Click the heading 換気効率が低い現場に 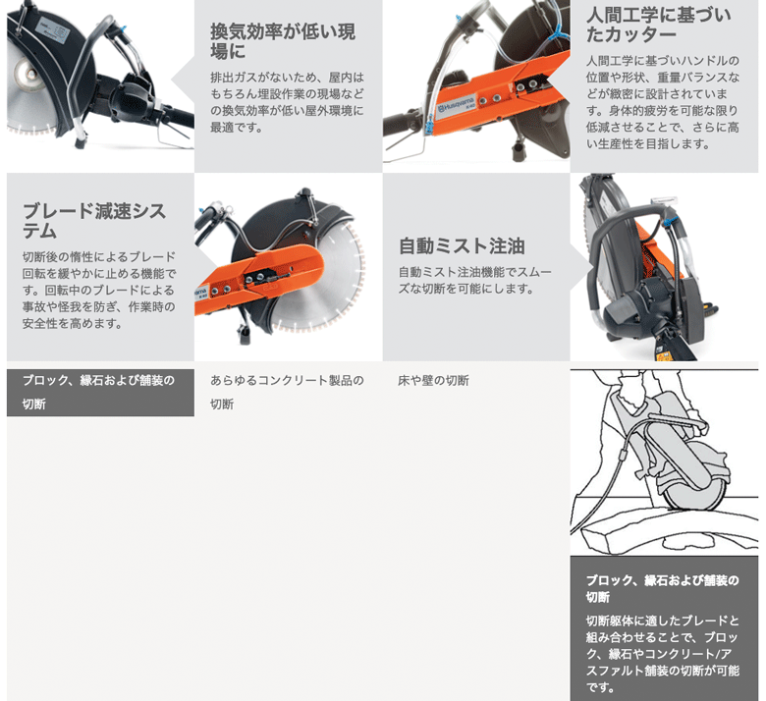pyautogui.click(x=283, y=41)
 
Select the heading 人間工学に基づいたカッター pyautogui.click(x=658, y=25)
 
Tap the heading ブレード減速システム pyautogui.click(x=94, y=220)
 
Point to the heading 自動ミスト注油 pyautogui.click(x=462, y=245)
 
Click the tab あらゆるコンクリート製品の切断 pyautogui.click(x=287, y=392)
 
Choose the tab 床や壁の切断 pyautogui.click(x=433, y=381)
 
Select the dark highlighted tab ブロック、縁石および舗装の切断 pyautogui.click(x=100, y=392)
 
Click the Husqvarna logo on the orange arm pyautogui.click(x=456, y=107)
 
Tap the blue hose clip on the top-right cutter pyautogui.click(x=557, y=34)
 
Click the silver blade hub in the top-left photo pyautogui.click(x=25, y=75)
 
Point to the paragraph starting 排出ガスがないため pyautogui.click(x=287, y=102)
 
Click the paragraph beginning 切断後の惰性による pyautogui.click(x=99, y=290)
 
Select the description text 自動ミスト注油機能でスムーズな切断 pyautogui.click(x=475, y=280)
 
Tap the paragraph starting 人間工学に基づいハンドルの pyautogui.click(x=663, y=102)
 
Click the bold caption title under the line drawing pyautogui.click(x=663, y=588)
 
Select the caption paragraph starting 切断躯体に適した pyautogui.click(x=663, y=654)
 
